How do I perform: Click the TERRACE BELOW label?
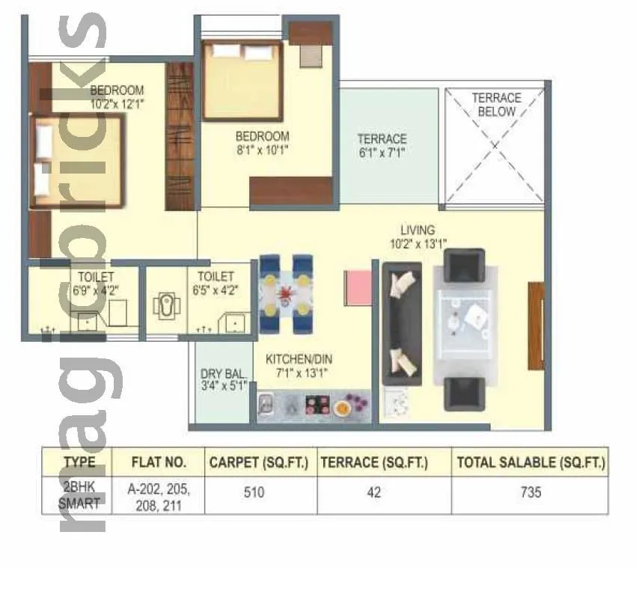pyautogui.click(x=496, y=105)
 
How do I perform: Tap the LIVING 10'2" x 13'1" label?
pyautogui.click(x=417, y=236)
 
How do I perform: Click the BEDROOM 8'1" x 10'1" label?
pyautogui.click(x=262, y=143)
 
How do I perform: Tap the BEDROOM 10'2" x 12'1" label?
pyautogui.click(x=117, y=98)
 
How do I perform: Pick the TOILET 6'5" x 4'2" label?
pyautogui.click(x=215, y=283)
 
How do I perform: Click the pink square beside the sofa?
pyautogui.click(x=357, y=287)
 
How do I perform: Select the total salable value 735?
pyautogui.click(x=530, y=493)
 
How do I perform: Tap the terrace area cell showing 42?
pyautogui.click(x=373, y=493)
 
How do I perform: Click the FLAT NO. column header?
pyautogui.click(x=158, y=462)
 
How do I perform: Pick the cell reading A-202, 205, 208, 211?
pyautogui.click(x=158, y=497)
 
